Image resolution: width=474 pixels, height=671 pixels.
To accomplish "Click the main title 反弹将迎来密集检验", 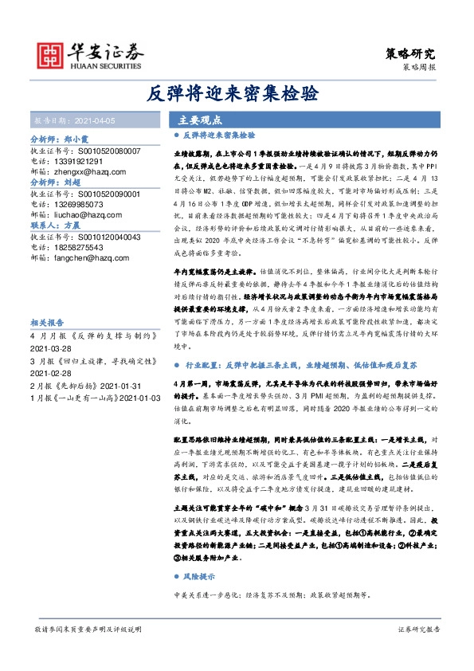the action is point(236,93).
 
